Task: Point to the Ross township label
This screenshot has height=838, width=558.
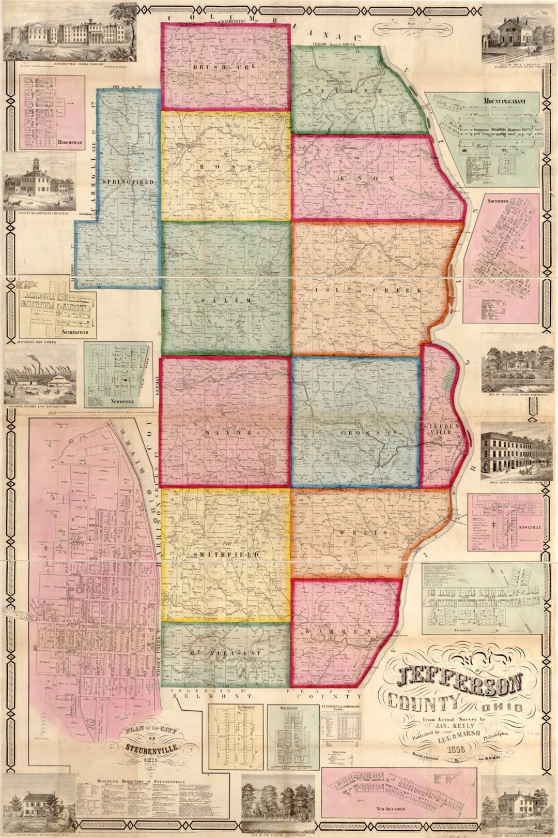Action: (224, 167)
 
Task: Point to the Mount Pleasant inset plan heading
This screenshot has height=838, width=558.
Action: (504, 101)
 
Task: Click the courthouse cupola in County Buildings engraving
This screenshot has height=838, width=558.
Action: (36, 164)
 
